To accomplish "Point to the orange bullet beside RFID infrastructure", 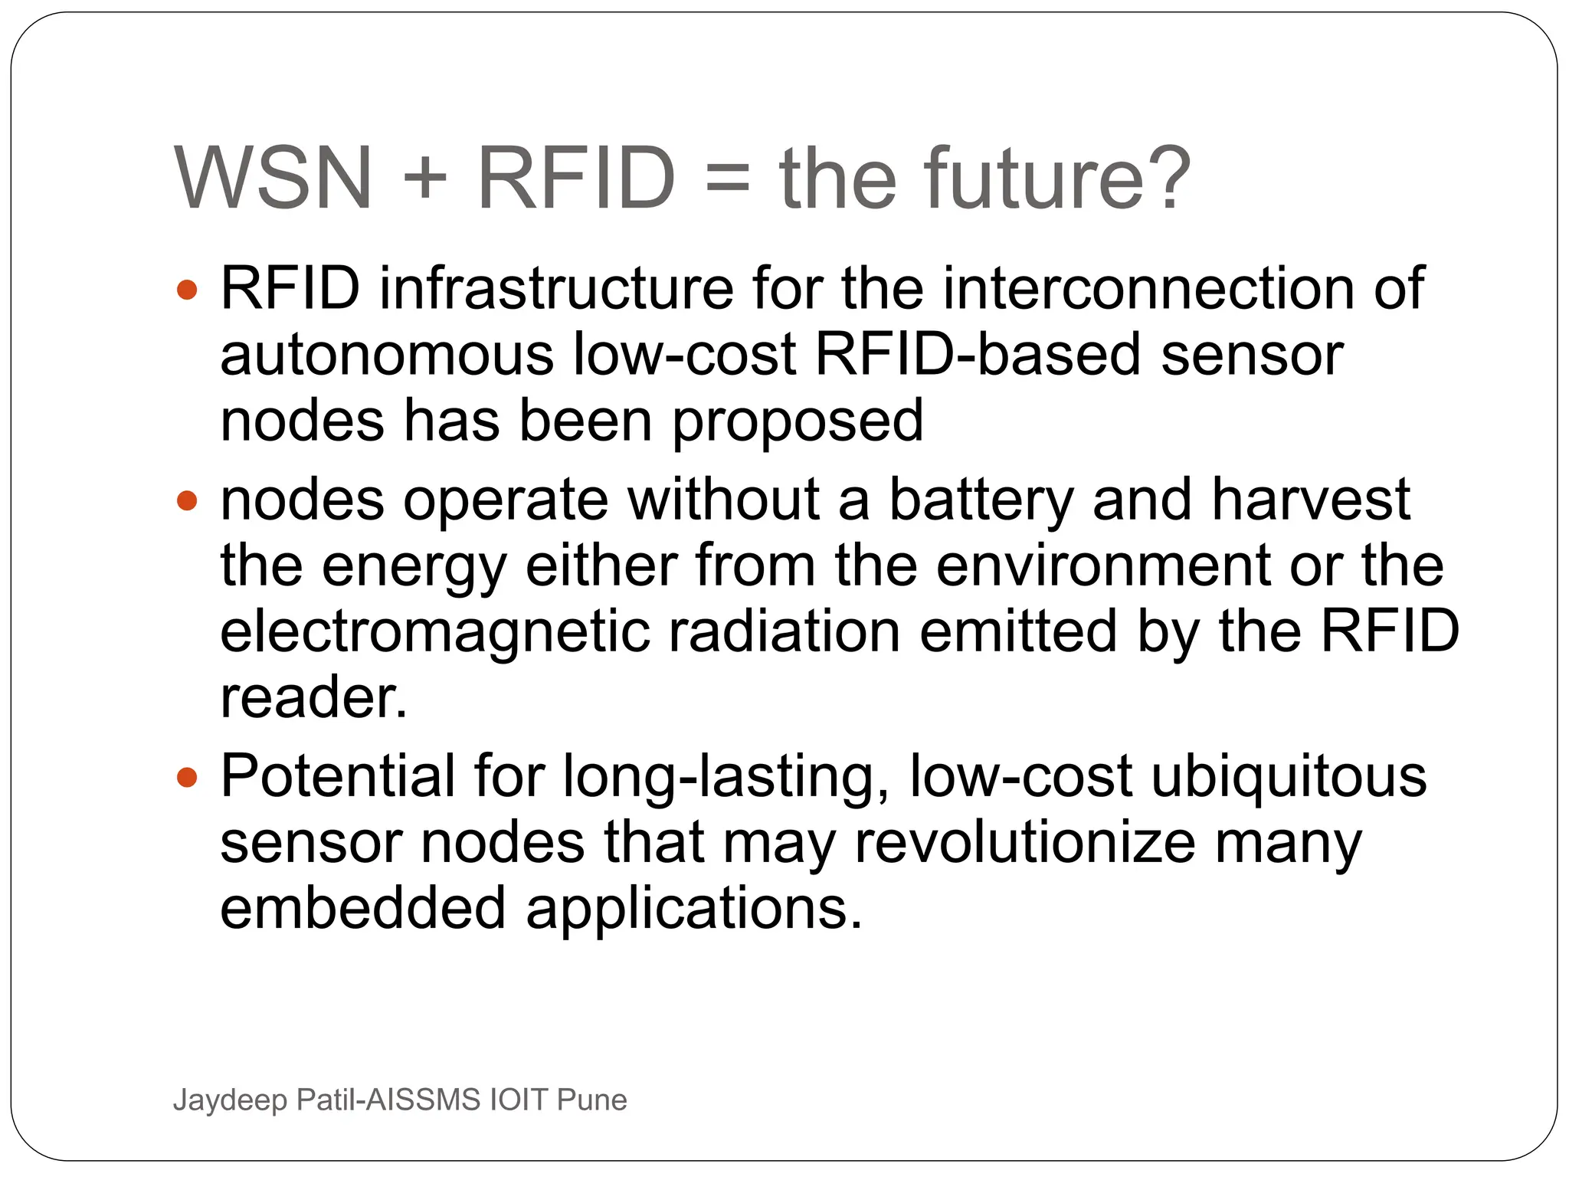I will point(187,290).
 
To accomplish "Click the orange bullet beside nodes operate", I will point(187,502).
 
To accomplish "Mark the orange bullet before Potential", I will point(187,779).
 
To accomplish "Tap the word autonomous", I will point(387,356).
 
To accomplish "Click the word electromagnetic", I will point(434,633).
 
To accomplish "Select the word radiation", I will point(784,631).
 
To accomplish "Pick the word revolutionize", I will point(1025,843).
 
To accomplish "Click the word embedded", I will point(363,909).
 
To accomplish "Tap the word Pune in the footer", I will point(591,1100).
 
